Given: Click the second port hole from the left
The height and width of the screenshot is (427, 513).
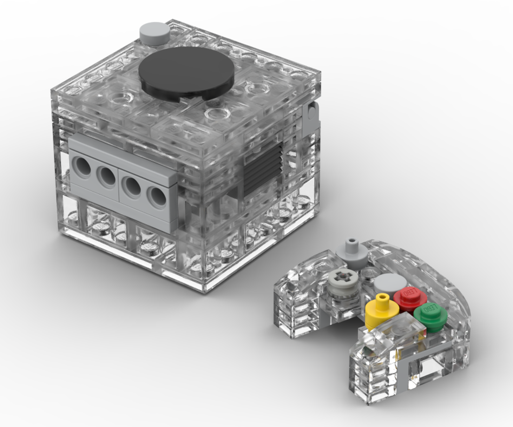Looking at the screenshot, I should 106,176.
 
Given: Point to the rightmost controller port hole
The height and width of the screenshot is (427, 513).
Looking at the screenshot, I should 156,196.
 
